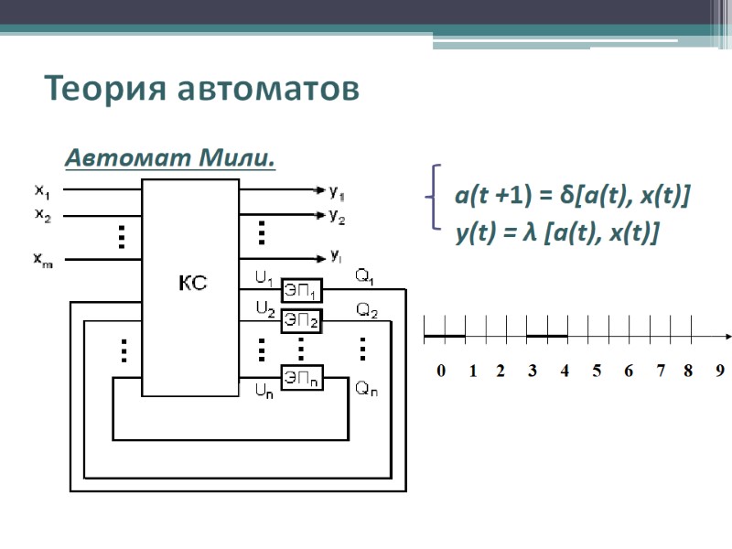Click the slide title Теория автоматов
pyautogui.click(x=201, y=90)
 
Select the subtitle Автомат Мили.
pyautogui.click(x=171, y=158)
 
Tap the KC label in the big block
pyautogui.click(x=191, y=284)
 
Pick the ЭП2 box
pyautogui.click(x=301, y=320)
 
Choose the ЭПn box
pyautogui.click(x=301, y=378)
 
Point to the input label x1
pyautogui.click(x=43, y=191)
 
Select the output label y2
pyautogui.click(x=337, y=217)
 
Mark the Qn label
pyautogui.click(x=365, y=389)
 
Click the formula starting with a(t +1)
pyautogui.click(x=572, y=196)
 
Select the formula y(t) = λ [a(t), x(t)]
pyautogui.click(x=557, y=234)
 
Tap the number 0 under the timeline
pyautogui.click(x=441, y=371)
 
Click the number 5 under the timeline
pyautogui.click(x=597, y=371)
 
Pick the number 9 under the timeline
pyautogui.click(x=720, y=371)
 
